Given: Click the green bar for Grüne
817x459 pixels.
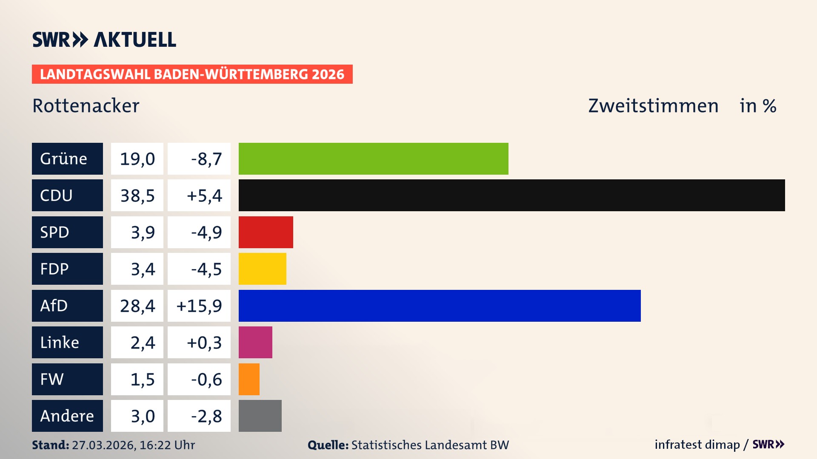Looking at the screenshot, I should tap(373, 159).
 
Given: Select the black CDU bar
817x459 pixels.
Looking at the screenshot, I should tap(511, 195).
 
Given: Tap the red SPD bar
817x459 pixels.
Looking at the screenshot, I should tap(266, 232).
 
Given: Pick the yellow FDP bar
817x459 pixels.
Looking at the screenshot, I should tap(262, 269).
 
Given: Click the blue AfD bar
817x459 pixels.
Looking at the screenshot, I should tap(440, 306).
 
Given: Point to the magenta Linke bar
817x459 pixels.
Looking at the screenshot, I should tap(255, 342).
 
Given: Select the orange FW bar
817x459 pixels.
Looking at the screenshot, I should tap(249, 379).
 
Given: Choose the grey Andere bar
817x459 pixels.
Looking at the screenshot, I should tap(260, 416).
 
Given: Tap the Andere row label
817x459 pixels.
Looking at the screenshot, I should tap(67, 416).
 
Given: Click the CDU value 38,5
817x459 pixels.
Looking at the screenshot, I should tap(137, 195).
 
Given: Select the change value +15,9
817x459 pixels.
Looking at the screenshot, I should tap(199, 306).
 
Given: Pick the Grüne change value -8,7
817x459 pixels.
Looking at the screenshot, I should tap(206, 159).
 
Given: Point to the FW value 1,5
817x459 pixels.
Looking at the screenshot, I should tap(142, 380).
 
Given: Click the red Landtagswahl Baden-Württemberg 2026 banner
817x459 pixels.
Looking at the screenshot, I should tap(192, 74).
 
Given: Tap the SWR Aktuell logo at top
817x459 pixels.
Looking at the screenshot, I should tap(104, 40).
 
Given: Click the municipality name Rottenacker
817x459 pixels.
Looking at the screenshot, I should tap(86, 106).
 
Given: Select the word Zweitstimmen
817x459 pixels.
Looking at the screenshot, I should tap(653, 106).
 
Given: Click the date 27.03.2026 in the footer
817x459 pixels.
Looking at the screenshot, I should tap(103, 445).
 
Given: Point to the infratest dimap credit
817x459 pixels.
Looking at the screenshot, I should tap(697, 445).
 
